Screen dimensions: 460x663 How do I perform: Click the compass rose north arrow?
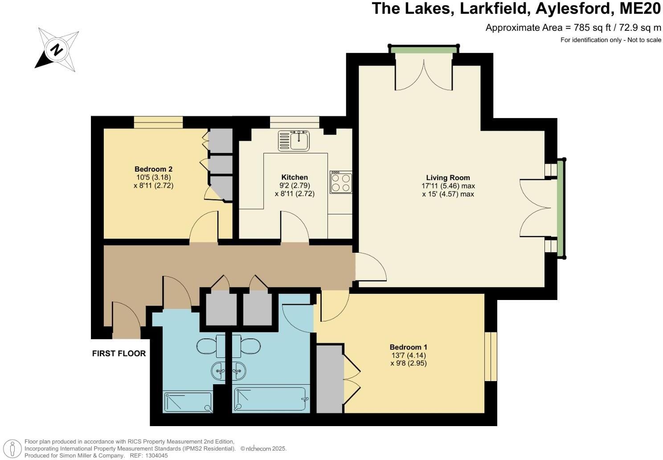tap(57, 49)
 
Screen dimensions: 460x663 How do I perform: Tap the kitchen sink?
tap(294, 140)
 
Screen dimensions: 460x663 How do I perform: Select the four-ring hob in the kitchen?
tap(341, 182)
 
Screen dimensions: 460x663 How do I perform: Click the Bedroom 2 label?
tap(153, 169)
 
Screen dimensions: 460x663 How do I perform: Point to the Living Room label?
tap(448, 177)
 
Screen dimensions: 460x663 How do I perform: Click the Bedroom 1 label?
tap(408, 347)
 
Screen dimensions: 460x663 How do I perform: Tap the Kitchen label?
tap(295, 177)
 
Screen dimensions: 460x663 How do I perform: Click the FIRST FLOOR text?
tap(119, 353)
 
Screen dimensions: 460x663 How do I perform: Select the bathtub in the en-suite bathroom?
tap(271, 399)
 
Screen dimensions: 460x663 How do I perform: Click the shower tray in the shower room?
tap(188, 402)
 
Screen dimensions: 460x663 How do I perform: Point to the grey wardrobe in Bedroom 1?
tap(329, 378)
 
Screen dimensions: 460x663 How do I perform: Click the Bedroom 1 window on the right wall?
tap(491, 357)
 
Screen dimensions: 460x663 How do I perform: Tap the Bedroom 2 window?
tap(158, 122)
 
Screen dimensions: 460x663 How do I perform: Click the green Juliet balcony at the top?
tap(424, 49)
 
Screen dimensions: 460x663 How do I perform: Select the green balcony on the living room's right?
tap(561, 209)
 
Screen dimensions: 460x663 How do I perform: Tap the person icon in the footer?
tap(14, 448)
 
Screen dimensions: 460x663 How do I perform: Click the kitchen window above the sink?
tap(294, 122)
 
